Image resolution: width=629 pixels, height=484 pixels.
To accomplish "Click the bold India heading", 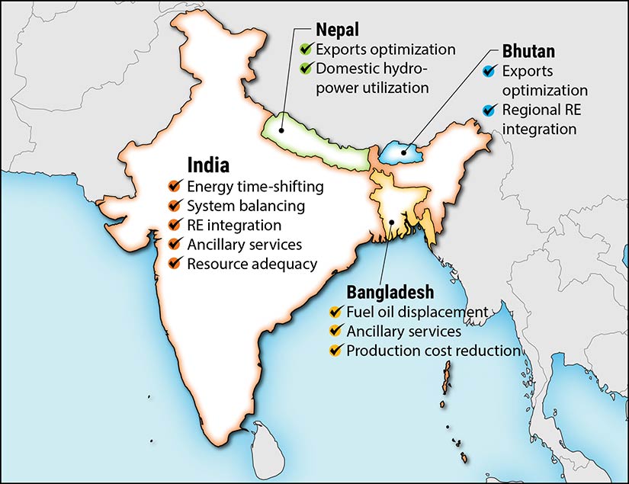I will tap(208, 165).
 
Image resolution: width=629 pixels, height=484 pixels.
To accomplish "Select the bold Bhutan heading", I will tap(528, 53).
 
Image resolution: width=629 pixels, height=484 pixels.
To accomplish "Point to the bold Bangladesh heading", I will tap(390, 292).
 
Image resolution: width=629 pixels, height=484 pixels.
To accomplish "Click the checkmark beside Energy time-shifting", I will tap(175, 186).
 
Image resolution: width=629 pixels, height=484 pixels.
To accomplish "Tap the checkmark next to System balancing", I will tap(175, 206).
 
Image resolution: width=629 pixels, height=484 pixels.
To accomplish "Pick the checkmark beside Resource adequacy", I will tap(175, 264).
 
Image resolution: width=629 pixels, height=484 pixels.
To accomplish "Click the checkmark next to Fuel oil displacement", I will tap(334, 312).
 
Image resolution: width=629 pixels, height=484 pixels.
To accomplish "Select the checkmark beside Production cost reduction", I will tap(334, 351).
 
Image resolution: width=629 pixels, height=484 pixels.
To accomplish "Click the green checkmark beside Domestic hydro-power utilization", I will tap(306, 69).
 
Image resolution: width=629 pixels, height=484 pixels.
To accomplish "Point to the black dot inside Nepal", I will tap(282, 130).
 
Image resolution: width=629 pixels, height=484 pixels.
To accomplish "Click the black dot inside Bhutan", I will tap(404, 152).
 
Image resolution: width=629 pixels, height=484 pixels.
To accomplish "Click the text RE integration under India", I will tap(234, 226).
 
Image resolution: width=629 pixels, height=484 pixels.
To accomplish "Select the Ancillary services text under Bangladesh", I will tap(403, 332).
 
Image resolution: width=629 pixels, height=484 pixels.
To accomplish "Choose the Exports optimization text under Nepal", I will tap(386, 50).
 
